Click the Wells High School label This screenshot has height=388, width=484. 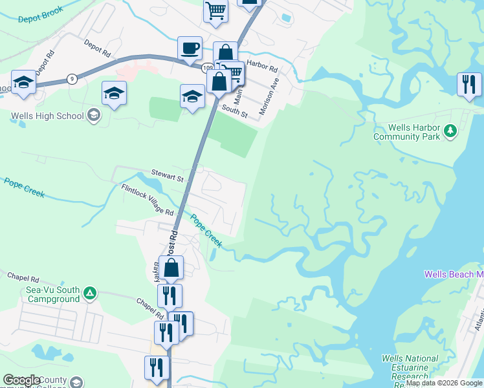pos(47,116)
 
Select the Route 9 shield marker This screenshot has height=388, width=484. pos(71,79)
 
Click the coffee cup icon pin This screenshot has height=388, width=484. pos(190,48)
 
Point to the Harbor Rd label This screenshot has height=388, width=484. pos(261,67)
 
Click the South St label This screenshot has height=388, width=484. pos(234,110)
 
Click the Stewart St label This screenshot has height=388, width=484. pos(168,174)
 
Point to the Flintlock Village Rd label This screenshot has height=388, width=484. pos(148,199)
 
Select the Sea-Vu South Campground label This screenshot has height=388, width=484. pos(54,294)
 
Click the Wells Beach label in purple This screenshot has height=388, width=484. pos(454,274)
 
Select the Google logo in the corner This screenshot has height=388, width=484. pos(21,380)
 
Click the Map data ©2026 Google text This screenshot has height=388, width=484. pos(444,383)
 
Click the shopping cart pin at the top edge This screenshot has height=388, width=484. pos(216,10)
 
